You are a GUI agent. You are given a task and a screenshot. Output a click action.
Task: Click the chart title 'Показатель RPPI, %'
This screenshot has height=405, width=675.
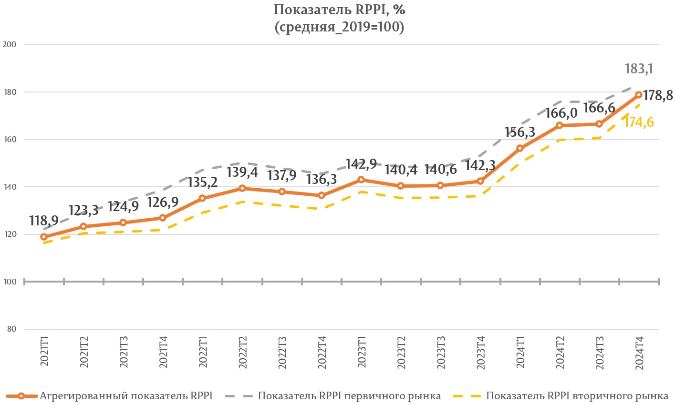point(339,10)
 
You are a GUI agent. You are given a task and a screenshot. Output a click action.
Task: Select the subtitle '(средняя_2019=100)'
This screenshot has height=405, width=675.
point(339,27)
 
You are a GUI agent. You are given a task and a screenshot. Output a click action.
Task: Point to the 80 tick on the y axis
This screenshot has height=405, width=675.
point(11,329)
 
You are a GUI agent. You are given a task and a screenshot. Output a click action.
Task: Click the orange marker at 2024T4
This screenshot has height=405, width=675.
point(639,95)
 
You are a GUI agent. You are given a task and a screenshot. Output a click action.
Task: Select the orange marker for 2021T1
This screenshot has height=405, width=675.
point(44,237)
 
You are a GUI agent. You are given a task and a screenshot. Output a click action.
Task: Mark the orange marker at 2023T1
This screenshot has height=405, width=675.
point(361,180)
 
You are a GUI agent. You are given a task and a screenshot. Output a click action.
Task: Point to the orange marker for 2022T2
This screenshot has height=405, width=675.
point(242,188)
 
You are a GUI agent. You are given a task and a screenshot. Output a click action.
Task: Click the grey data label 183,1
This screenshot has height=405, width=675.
point(639,69)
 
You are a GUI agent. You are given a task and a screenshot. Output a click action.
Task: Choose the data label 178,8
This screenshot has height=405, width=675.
point(658,96)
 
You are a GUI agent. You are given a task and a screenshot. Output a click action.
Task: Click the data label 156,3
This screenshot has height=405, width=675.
point(519,132)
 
